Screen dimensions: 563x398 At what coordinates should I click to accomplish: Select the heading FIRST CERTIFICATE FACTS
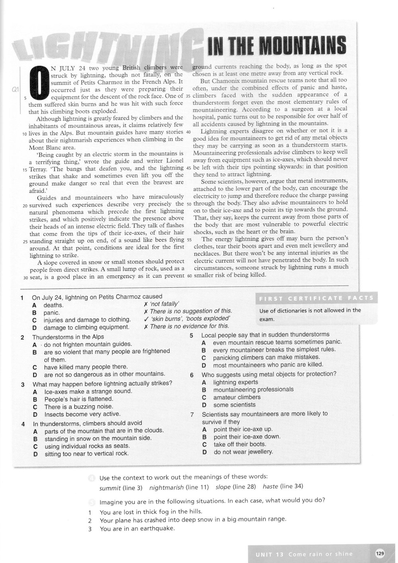(316, 298)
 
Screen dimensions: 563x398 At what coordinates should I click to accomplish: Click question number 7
(191, 414)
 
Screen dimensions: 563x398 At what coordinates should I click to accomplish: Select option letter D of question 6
(204, 405)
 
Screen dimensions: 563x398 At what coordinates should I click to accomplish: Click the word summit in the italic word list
(109, 487)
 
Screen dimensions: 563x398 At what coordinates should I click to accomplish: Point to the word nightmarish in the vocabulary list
(166, 487)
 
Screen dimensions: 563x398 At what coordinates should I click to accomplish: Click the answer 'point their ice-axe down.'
(247, 437)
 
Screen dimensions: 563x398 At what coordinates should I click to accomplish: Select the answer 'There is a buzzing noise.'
(79, 407)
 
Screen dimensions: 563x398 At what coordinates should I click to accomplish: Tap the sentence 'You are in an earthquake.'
(137, 529)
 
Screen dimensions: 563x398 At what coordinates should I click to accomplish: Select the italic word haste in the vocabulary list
(270, 487)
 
